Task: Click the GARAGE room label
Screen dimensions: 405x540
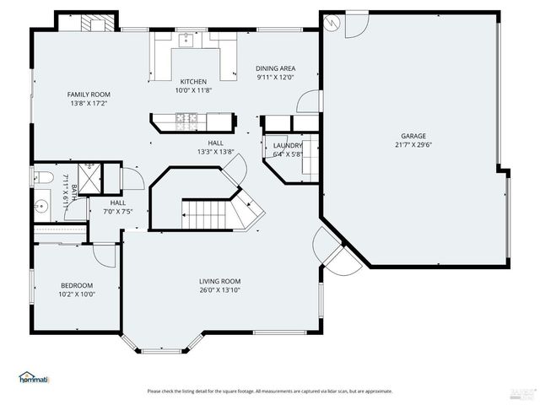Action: coord(413,136)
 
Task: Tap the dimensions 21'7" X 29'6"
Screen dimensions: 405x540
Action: coord(413,144)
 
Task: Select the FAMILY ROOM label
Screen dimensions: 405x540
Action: coord(89,94)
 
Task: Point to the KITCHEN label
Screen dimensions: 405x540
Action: coord(192,82)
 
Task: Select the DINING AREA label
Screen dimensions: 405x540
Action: coord(276,69)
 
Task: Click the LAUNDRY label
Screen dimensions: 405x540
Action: coord(288,145)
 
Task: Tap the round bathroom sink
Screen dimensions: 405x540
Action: coord(41,205)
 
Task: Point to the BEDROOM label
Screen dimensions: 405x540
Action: coord(76,285)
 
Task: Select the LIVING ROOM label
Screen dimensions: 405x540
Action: coord(220,281)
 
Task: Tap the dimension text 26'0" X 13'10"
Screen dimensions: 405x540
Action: coord(220,290)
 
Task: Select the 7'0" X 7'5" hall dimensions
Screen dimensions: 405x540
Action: coord(117,212)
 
